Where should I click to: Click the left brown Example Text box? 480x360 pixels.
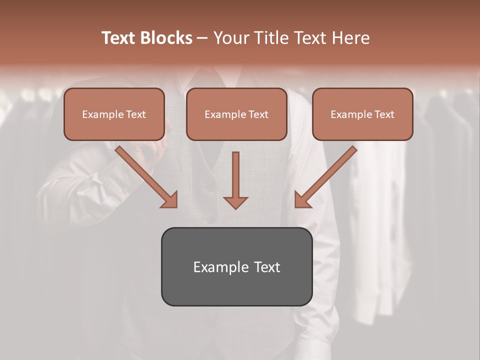coord(114,114)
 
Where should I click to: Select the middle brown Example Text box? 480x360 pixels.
coord(236,114)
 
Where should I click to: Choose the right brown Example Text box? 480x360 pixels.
coord(362,114)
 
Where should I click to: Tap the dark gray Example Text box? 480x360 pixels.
coord(236,266)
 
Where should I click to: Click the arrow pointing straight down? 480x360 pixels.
coord(235,177)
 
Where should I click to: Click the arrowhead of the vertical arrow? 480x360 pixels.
coord(235,202)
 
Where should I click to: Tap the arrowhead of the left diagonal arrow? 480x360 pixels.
coord(170,200)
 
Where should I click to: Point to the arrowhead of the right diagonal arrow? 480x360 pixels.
coord(302,200)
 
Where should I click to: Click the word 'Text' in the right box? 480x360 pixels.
coord(383,114)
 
